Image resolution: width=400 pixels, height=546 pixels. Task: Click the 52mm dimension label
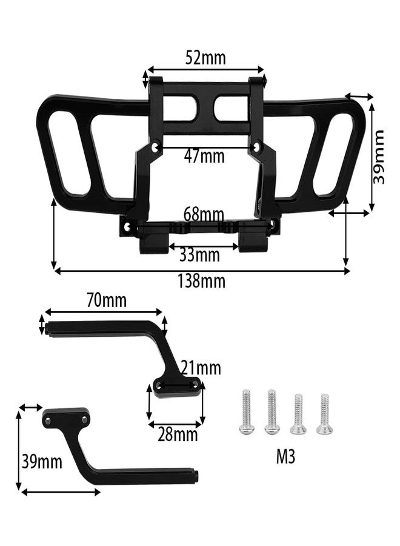tap(205, 58)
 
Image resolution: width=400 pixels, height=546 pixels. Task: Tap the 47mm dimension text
tap(204, 157)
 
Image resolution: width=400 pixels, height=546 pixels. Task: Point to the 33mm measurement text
tap(199, 255)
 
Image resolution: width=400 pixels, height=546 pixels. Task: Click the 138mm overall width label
tap(201, 281)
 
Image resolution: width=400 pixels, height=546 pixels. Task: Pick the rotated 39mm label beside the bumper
tap(378, 157)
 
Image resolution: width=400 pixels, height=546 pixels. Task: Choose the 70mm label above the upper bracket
tap(107, 300)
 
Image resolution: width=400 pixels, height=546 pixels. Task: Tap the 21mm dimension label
tap(201, 368)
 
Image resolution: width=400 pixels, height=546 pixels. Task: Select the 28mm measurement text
tap(178, 434)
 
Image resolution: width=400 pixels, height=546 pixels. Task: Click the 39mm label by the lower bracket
tap(42, 462)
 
